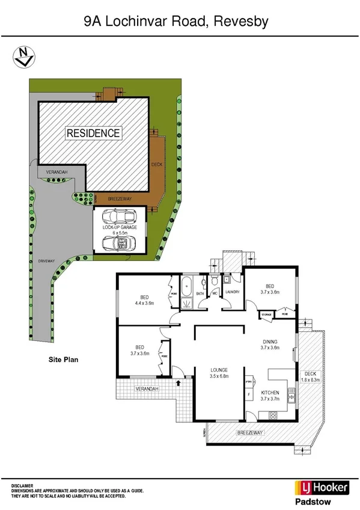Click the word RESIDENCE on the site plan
pos(93,133)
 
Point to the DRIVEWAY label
pos(46,261)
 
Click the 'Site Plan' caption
pos(64,360)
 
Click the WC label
pos(215,293)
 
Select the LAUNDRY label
pos(233,292)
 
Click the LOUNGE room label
pos(217,370)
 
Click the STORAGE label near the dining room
pos(266,315)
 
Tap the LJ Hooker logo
pos(321,487)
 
